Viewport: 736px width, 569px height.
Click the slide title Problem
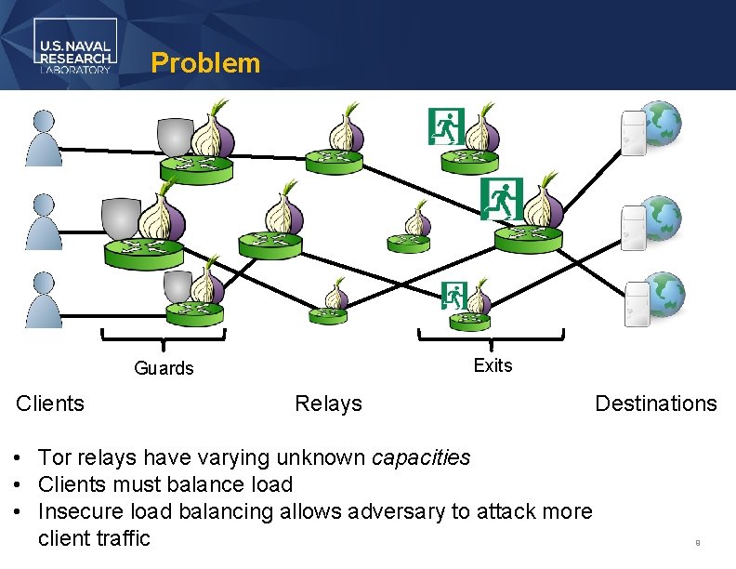(x=205, y=63)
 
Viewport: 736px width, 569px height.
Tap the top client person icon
(x=44, y=138)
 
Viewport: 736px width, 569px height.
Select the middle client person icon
(x=44, y=221)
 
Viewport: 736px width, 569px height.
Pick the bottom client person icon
(x=44, y=299)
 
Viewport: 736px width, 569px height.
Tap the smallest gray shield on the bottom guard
(x=177, y=286)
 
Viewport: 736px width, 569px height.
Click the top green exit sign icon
(x=445, y=126)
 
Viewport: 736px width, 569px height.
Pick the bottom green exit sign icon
(x=453, y=294)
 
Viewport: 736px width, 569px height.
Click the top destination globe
(x=663, y=125)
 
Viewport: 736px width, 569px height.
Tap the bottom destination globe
(x=664, y=295)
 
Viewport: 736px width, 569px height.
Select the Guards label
(x=164, y=368)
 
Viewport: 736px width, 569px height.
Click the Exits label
(x=493, y=365)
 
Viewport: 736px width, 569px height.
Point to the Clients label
(x=50, y=404)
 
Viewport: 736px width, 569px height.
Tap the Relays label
(x=328, y=404)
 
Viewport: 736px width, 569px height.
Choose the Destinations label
(x=655, y=404)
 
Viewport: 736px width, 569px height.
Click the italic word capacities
(x=420, y=457)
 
